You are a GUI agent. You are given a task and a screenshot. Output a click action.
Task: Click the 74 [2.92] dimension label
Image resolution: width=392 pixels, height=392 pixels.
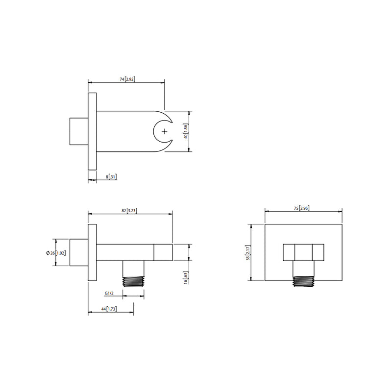click(127, 79)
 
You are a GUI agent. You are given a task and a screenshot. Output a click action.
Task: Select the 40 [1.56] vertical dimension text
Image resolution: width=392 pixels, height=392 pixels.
click(186, 131)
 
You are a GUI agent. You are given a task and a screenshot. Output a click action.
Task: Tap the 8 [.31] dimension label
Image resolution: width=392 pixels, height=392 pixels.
click(111, 177)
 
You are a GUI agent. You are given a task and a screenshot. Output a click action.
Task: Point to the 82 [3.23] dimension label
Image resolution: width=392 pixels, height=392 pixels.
click(129, 211)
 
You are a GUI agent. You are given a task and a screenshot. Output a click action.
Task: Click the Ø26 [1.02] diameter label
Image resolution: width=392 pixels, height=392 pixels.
click(56, 253)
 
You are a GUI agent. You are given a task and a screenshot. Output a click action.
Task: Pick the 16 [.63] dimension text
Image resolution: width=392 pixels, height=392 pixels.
click(186, 278)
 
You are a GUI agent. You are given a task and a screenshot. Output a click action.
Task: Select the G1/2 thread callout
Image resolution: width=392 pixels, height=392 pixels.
click(109, 293)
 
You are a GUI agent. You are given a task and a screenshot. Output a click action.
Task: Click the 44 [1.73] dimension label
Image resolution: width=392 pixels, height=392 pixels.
click(109, 309)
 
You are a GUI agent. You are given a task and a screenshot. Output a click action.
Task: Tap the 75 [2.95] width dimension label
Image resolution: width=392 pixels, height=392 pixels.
click(301, 208)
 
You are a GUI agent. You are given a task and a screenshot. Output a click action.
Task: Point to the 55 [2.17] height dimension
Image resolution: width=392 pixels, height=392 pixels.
click(248, 253)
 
